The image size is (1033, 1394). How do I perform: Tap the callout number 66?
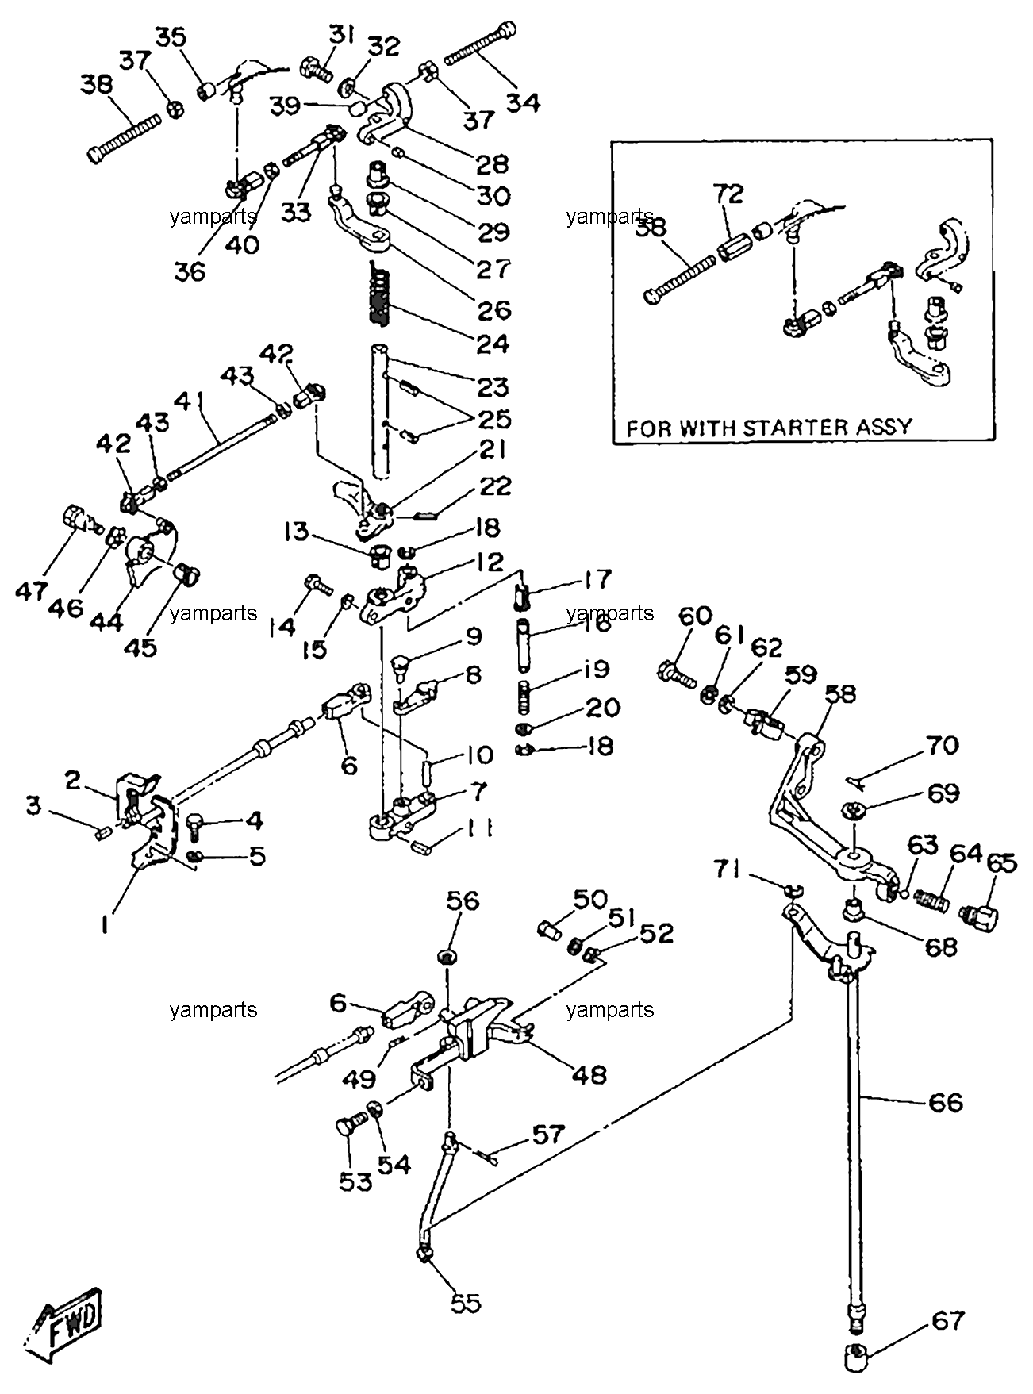[x=945, y=1102]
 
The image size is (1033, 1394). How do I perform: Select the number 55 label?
[x=466, y=1303]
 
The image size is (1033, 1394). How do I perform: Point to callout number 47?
[x=32, y=591]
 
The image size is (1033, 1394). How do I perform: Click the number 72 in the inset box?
[x=728, y=194]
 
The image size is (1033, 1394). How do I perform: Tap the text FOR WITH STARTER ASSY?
[x=770, y=428]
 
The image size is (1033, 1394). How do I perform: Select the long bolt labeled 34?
[x=480, y=46]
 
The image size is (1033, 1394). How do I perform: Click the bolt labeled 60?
[x=675, y=674]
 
